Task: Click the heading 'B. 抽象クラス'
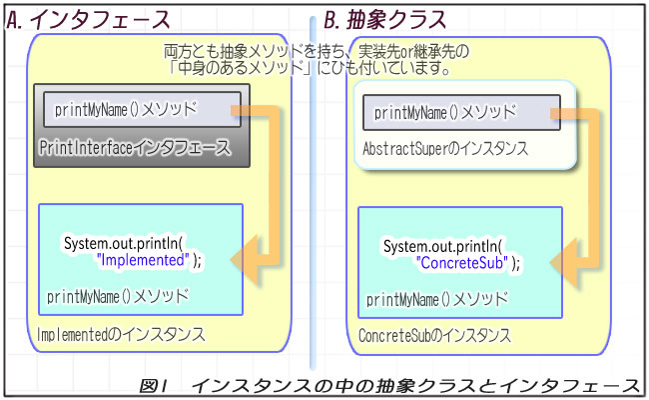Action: pos(384,20)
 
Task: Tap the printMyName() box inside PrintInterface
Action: pos(141,109)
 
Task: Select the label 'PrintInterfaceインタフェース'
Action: pos(134,147)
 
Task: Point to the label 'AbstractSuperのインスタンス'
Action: pos(444,148)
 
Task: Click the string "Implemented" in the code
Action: pos(143,259)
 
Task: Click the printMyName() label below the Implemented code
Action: pos(117,296)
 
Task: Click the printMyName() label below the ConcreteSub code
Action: pos(436,299)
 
